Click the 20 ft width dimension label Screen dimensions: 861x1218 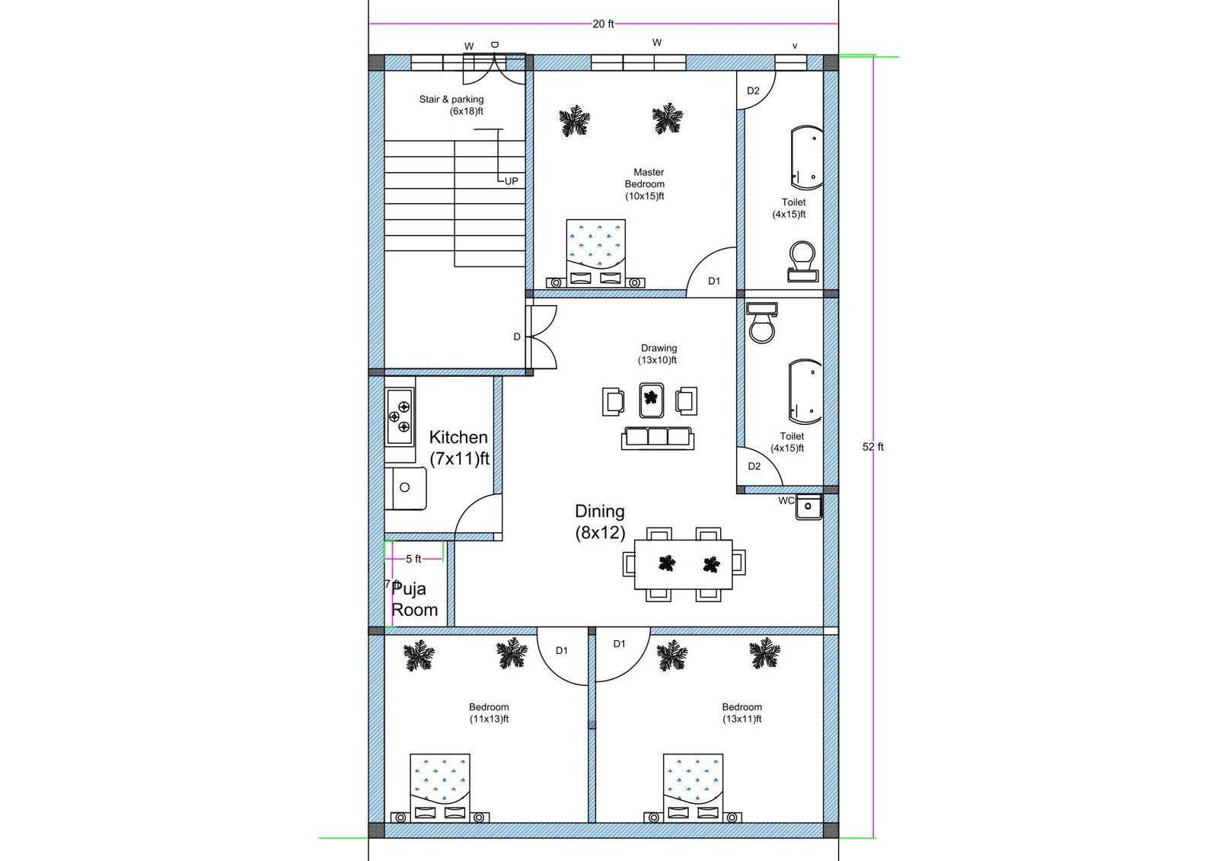(x=603, y=24)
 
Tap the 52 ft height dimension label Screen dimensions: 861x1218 (x=872, y=447)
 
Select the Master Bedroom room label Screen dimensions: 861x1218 (x=645, y=184)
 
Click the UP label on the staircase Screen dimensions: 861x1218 (x=512, y=181)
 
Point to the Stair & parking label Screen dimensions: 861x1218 (x=451, y=105)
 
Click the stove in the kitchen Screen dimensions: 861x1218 (x=400, y=416)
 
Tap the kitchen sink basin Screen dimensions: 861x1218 (x=406, y=487)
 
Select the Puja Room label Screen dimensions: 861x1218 (x=415, y=599)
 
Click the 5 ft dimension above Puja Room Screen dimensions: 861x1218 (x=413, y=559)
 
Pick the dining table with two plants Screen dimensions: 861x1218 (x=684, y=564)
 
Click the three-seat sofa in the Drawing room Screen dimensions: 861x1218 (x=658, y=438)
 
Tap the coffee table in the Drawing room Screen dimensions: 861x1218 (x=651, y=400)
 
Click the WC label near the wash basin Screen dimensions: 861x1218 (x=786, y=501)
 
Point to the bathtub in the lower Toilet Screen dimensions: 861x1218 (x=805, y=392)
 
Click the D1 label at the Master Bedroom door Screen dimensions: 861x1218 (x=714, y=281)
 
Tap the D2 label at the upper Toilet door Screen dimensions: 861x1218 (x=753, y=91)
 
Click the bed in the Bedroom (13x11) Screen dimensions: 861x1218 (x=693, y=784)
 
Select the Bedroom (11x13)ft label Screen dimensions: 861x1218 (x=489, y=713)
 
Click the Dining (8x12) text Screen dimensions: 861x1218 (x=600, y=521)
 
